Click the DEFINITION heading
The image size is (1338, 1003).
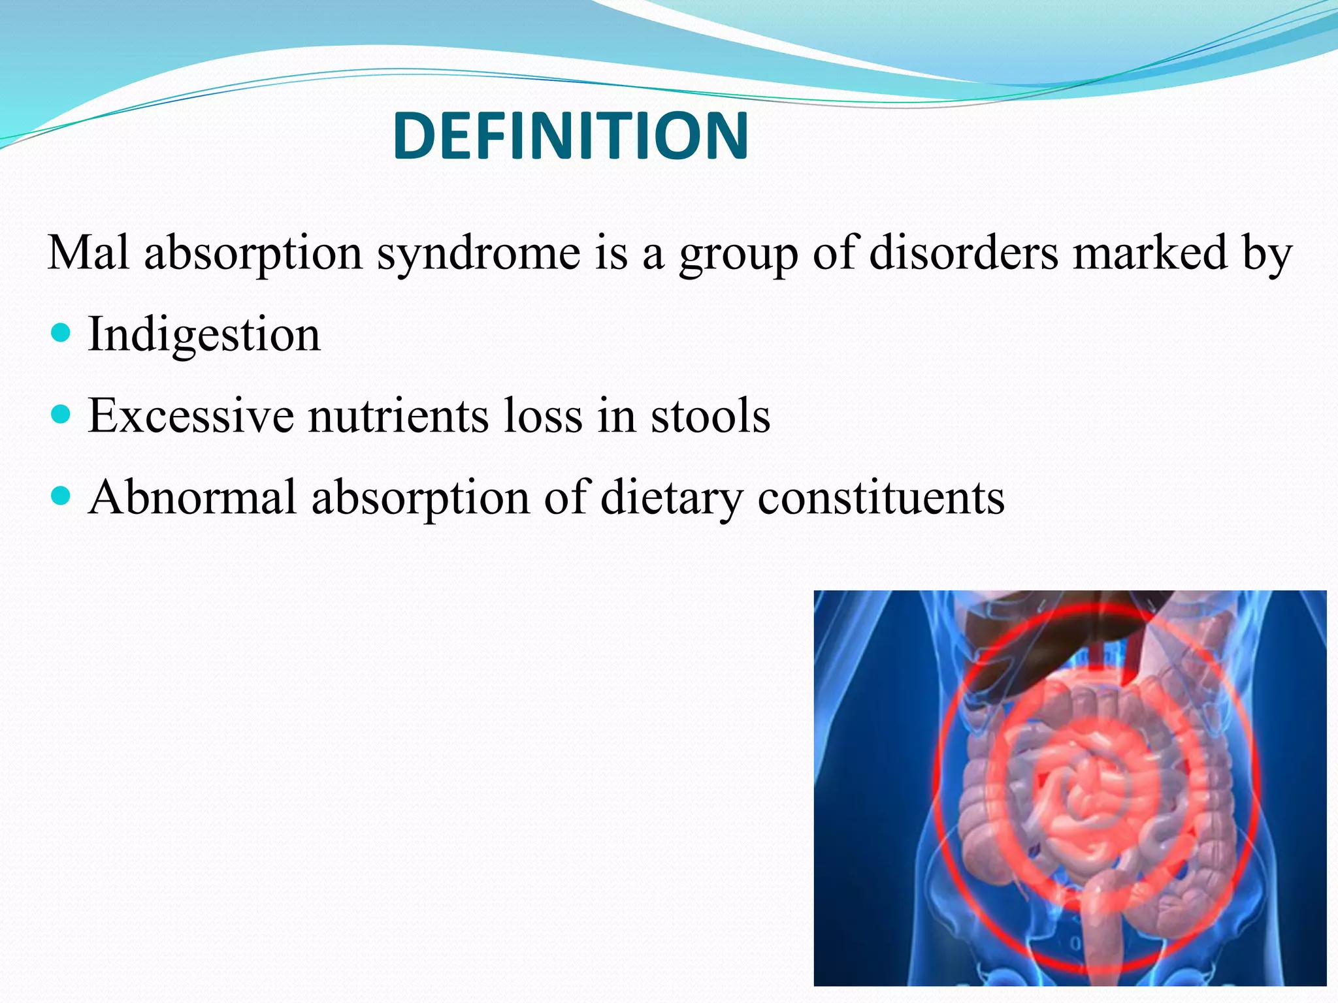[x=570, y=136]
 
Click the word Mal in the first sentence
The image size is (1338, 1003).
[x=88, y=253]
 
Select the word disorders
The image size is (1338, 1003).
[x=964, y=253]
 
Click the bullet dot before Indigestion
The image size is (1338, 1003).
[x=60, y=334]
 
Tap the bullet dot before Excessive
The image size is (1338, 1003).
[x=60, y=415]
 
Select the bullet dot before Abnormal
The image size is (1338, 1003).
[x=60, y=496]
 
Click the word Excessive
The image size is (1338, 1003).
[x=191, y=416]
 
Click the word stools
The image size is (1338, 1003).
[x=710, y=416]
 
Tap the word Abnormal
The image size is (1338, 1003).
[x=193, y=498]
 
